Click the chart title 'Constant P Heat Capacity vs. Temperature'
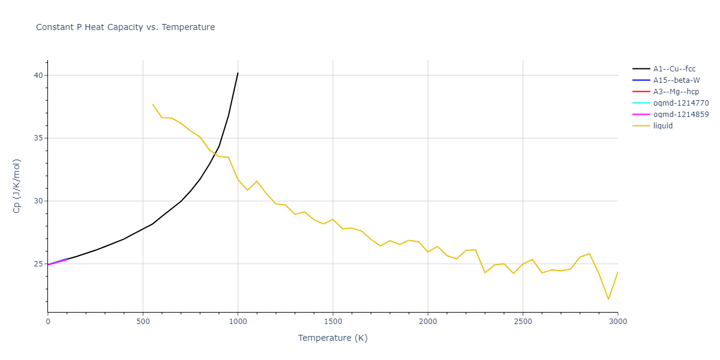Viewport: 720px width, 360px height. (x=125, y=27)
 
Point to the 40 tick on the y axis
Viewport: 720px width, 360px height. (x=38, y=76)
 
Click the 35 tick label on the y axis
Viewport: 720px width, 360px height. (x=38, y=138)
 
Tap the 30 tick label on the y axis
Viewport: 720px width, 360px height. (x=38, y=201)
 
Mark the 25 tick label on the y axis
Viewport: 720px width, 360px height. (x=38, y=264)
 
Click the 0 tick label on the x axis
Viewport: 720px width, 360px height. (x=48, y=322)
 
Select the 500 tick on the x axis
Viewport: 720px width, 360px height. (x=143, y=322)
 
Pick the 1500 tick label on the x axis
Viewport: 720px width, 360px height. (x=333, y=322)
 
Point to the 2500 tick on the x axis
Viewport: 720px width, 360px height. (x=523, y=322)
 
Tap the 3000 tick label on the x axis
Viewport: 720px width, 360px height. (x=617, y=322)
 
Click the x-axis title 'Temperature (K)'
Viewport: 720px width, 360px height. (x=333, y=338)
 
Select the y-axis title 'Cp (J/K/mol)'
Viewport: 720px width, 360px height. (x=17, y=186)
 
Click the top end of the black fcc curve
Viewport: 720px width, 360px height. (x=238, y=73)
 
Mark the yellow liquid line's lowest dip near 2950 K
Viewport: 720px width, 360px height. (x=608, y=299)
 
